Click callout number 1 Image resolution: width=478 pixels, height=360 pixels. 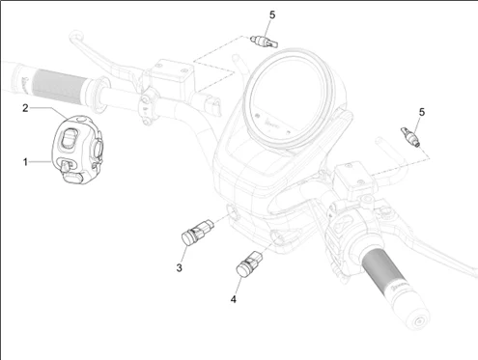point(25,162)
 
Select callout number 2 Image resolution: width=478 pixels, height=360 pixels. point(25,108)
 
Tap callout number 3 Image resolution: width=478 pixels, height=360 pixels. point(180,267)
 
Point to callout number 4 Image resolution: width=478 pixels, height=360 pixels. point(234,299)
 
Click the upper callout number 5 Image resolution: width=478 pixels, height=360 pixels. point(272,15)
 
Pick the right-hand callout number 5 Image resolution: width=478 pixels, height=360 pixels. point(422,112)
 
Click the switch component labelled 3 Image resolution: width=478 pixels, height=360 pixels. point(197,232)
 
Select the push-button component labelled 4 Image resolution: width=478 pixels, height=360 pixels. point(249,263)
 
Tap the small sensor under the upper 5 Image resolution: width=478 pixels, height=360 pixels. point(264,42)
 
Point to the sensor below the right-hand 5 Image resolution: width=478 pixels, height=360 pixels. point(409,137)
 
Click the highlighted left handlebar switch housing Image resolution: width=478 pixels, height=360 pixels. point(77,150)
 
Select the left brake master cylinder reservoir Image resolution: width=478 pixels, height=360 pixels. point(172,75)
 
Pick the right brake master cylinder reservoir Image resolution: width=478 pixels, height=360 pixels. point(354,180)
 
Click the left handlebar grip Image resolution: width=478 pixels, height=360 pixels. point(58,86)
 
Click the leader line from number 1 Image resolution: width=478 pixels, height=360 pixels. point(40,162)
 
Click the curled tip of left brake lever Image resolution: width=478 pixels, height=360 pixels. point(74,35)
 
